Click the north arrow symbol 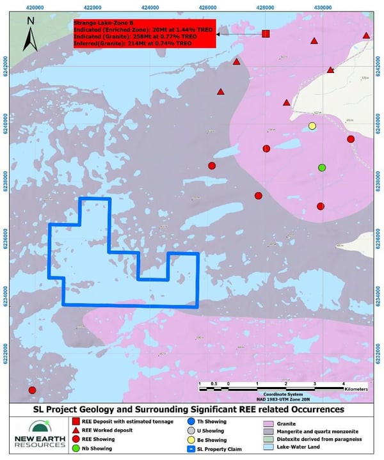[x=31, y=35]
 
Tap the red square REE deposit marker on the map [x=266, y=33]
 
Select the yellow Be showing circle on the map [x=312, y=126]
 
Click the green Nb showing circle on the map [x=322, y=168]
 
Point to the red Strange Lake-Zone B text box [x=144, y=33]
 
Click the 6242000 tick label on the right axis [x=378, y=65]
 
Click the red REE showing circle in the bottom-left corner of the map [x=32, y=390]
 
